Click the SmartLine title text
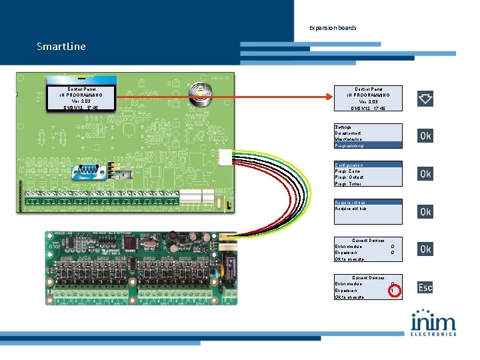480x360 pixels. (x=61, y=47)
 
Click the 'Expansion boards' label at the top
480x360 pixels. (x=333, y=28)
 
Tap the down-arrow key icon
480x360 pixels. (x=425, y=99)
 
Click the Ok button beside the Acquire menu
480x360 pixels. (x=425, y=211)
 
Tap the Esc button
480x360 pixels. (x=425, y=287)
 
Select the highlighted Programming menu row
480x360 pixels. (x=368, y=145)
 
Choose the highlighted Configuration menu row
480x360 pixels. (x=368, y=164)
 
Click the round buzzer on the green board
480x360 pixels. (x=198, y=92)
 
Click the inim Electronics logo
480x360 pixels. (x=433, y=323)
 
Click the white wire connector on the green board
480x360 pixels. (x=223, y=155)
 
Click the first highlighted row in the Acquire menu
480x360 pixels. (x=368, y=202)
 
